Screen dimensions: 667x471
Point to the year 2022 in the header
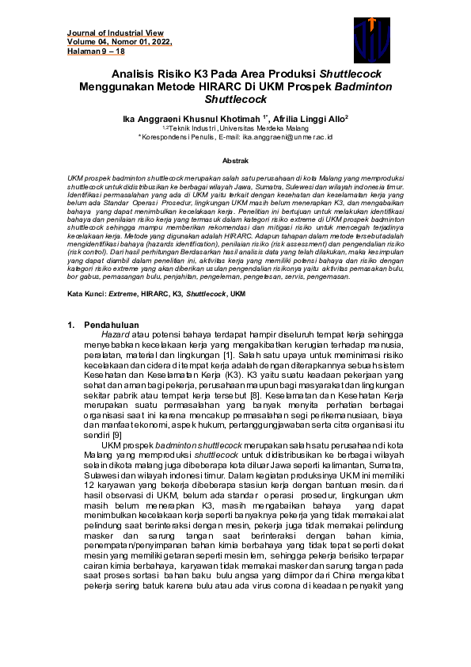click(158, 42)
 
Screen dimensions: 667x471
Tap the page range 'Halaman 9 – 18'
click(95, 51)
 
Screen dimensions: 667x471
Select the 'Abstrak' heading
click(235, 160)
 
